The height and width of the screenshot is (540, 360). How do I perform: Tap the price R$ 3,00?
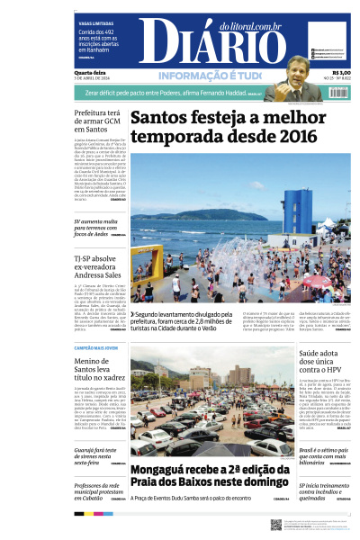[340, 73]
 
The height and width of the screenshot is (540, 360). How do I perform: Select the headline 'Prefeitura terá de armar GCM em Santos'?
[98, 121]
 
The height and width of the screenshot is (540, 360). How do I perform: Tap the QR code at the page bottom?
[276, 524]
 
